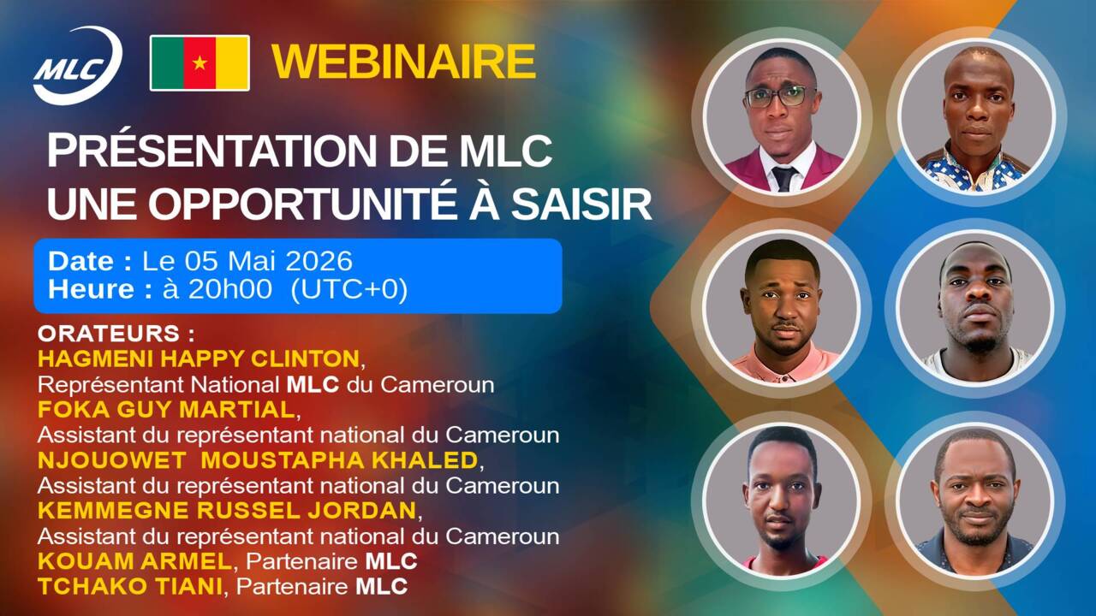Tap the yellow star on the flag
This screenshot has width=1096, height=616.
pos(200,62)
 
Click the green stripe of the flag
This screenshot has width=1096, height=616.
pos(168,62)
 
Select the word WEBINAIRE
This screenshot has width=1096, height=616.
pos(403,62)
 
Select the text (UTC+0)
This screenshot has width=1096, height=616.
pos(349,289)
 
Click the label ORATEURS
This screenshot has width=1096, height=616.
pos(110,332)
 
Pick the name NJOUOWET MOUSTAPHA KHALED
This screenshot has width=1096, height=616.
pos(257,460)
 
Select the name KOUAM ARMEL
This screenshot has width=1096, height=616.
pos(134,561)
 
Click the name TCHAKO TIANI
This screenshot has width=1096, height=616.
pos(134,587)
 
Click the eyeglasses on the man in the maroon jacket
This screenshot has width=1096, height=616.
pos(780,97)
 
